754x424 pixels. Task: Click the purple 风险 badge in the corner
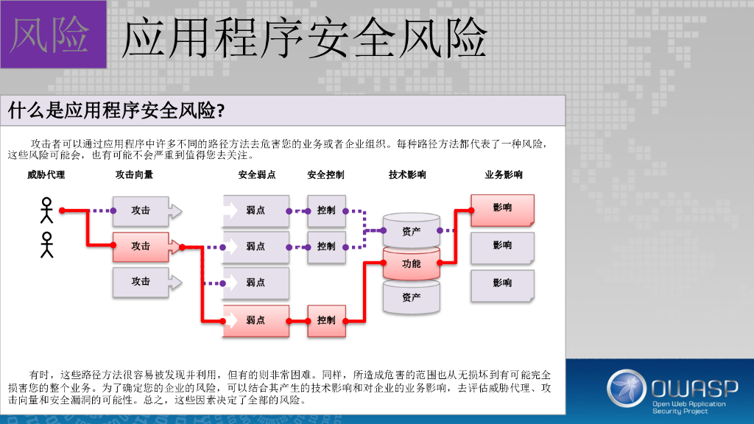(52, 35)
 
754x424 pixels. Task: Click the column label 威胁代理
(46, 175)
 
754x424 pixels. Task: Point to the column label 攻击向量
(134, 175)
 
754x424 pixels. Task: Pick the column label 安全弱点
(256, 175)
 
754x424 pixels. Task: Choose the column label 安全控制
(325, 175)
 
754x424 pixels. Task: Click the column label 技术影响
(407, 175)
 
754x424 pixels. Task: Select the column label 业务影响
(503, 175)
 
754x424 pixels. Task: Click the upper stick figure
(47, 211)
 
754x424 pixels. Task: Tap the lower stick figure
(47, 245)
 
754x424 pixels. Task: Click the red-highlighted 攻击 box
(141, 247)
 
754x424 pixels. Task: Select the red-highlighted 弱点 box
(256, 321)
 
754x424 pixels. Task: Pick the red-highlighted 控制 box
(326, 321)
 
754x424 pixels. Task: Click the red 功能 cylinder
(411, 263)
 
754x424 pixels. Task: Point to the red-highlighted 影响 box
(502, 209)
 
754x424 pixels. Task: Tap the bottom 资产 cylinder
(411, 297)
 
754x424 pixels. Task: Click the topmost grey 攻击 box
(141, 211)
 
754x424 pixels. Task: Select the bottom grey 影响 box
(502, 284)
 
